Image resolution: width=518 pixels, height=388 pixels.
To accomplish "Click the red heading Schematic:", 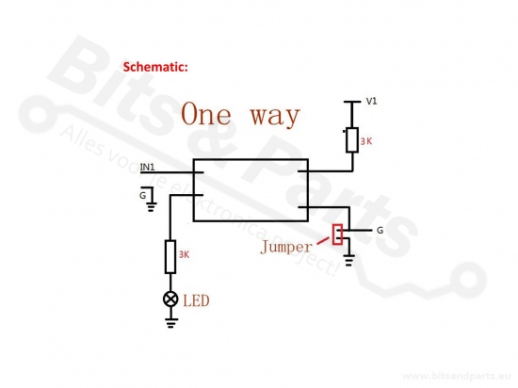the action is pyautogui.click(x=155, y=67).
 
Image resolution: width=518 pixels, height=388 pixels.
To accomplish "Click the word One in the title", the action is pyautogui.click(x=206, y=114).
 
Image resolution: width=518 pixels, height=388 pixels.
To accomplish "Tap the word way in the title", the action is pyautogui.click(x=275, y=117).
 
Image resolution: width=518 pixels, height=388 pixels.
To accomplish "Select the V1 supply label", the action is pyautogui.click(x=371, y=101).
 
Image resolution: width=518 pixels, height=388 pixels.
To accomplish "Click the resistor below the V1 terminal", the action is pyautogui.click(x=352, y=140).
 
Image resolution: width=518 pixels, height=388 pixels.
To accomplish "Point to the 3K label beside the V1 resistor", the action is pyautogui.click(x=366, y=141).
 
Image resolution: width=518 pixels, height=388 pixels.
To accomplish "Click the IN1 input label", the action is pyautogui.click(x=147, y=167).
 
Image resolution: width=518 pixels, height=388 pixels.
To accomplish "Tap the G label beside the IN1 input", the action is pyautogui.click(x=142, y=196).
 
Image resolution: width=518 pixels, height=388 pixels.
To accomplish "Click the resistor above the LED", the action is pyautogui.click(x=170, y=257).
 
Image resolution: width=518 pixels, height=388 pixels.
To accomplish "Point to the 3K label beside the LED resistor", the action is pyautogui.click(x=184, y=254).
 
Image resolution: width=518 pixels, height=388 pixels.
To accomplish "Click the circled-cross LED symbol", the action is pyautogui.click(x=170, y=299).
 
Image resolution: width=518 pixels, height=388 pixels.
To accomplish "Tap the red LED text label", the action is pyautogui.click(x=196, y=300).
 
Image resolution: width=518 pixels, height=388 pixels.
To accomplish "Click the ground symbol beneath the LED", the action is pyautogui.click(x=170, y=323).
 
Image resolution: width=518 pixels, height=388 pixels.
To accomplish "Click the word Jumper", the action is pyautogui.click(x=286, y=247).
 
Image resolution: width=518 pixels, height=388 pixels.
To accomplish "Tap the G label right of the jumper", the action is pyautogui.click(x=380, y=230).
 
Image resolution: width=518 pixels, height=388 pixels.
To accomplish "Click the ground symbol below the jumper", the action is pyautogui.click(x=349, y=260).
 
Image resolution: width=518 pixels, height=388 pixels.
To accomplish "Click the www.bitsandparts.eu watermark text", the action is pyautogui.click(x=457, y=376).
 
